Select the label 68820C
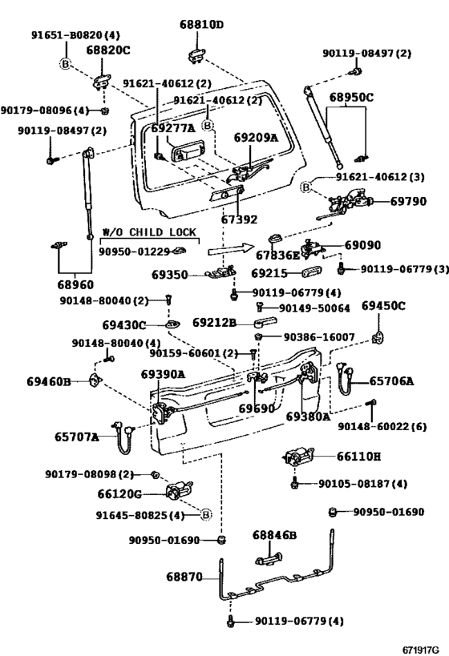[107, 50]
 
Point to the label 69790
[408, 202]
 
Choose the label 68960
[74, 284]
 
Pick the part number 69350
[169, 275]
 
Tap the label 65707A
[77, 437]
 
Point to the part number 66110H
[358, 456]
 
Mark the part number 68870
[185, 576]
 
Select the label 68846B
[275, 535]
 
